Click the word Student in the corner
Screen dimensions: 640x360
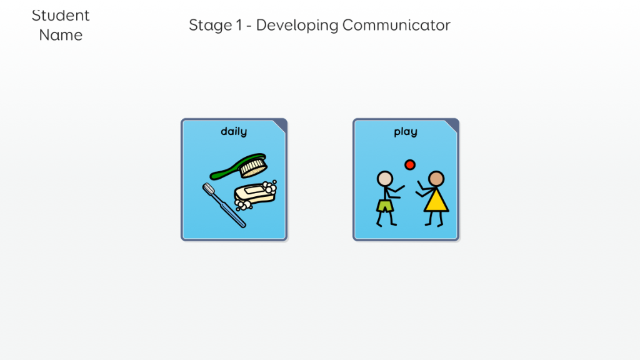point(61,16)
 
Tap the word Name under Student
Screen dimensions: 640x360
point(61,35)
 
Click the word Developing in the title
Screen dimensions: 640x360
point(297,26)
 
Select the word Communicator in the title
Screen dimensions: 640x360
point(396,25)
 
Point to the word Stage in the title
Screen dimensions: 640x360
point(211,26)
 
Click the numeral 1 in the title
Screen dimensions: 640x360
point(239,25)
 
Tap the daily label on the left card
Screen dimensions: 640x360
point(234,131)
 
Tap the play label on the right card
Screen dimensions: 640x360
point(405,132)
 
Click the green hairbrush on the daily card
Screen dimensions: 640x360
point(239,166)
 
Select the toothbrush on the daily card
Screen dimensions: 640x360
point(224,205)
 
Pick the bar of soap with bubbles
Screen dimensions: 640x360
point(256,195)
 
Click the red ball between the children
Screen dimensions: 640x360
point(410,164)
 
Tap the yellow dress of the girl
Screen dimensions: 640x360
point(436,201)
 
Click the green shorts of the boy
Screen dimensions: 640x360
point(385,205)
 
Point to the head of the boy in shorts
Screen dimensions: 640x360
point(385,179)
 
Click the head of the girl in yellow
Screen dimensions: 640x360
point(436,179)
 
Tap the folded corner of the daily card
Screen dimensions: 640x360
point(281,125)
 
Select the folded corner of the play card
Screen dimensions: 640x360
point(453,125)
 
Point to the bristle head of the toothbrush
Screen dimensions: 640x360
point(209,189)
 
